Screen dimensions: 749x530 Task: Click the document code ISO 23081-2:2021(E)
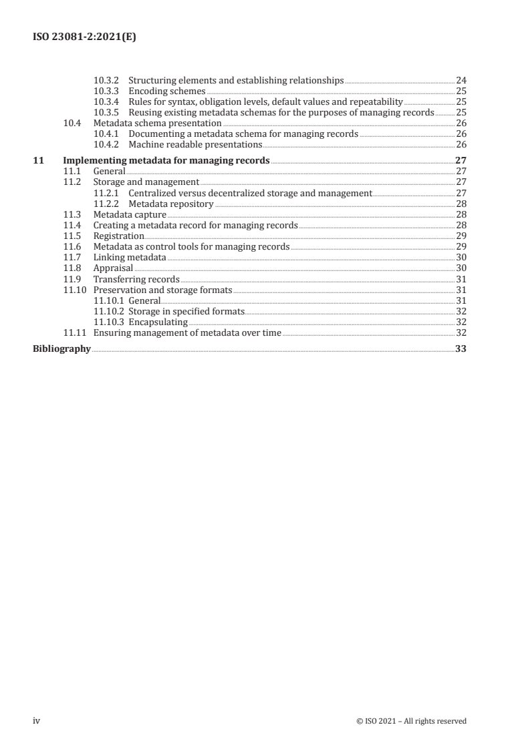coord(85,38)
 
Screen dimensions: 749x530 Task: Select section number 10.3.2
coord(107,81)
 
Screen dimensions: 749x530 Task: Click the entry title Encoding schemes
coord(166,91)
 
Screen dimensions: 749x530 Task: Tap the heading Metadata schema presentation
coord(157,123)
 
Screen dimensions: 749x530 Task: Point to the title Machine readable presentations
coord(195,144)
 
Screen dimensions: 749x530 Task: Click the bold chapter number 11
coord(38,160)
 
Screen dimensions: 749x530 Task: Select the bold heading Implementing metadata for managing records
coord(166,160)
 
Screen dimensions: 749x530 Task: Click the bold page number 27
coord(460,160)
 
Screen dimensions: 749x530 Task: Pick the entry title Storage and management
coord(146,182)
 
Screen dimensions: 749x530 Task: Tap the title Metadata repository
coord(171,204)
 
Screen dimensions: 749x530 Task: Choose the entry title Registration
coord(118,236)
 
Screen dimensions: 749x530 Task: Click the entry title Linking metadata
coord(130,257)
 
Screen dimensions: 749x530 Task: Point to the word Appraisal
coord(113,268)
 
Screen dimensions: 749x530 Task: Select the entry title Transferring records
coord(136,279)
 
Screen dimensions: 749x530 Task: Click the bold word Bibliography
coord(61,348)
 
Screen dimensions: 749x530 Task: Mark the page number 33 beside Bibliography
coord(460,348)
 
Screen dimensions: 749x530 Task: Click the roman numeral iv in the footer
coord(37,720)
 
